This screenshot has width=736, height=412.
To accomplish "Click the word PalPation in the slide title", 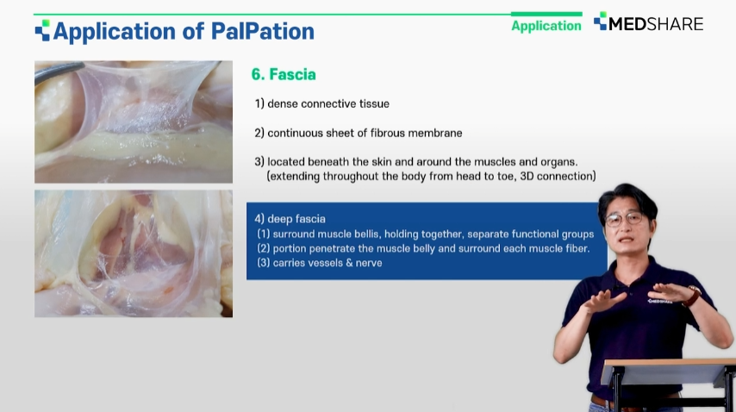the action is pos(262,31).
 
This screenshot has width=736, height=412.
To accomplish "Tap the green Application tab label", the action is pos(546,26).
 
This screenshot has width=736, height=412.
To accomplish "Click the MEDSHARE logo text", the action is pos(656,24).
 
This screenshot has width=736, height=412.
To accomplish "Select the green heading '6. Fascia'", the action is pos(284,74).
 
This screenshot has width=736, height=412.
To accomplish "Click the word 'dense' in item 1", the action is pos(283,103).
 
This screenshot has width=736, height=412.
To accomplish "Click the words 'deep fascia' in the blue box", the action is pos(296,219).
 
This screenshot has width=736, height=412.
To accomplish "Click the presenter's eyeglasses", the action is pos(623,219).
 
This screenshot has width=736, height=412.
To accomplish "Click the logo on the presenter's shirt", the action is pos(660,301).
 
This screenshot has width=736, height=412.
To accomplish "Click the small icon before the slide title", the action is pos(42,30).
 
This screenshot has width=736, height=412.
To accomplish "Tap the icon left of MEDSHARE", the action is pos(600,21).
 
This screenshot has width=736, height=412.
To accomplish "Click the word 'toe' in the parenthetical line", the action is pos(506,176).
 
